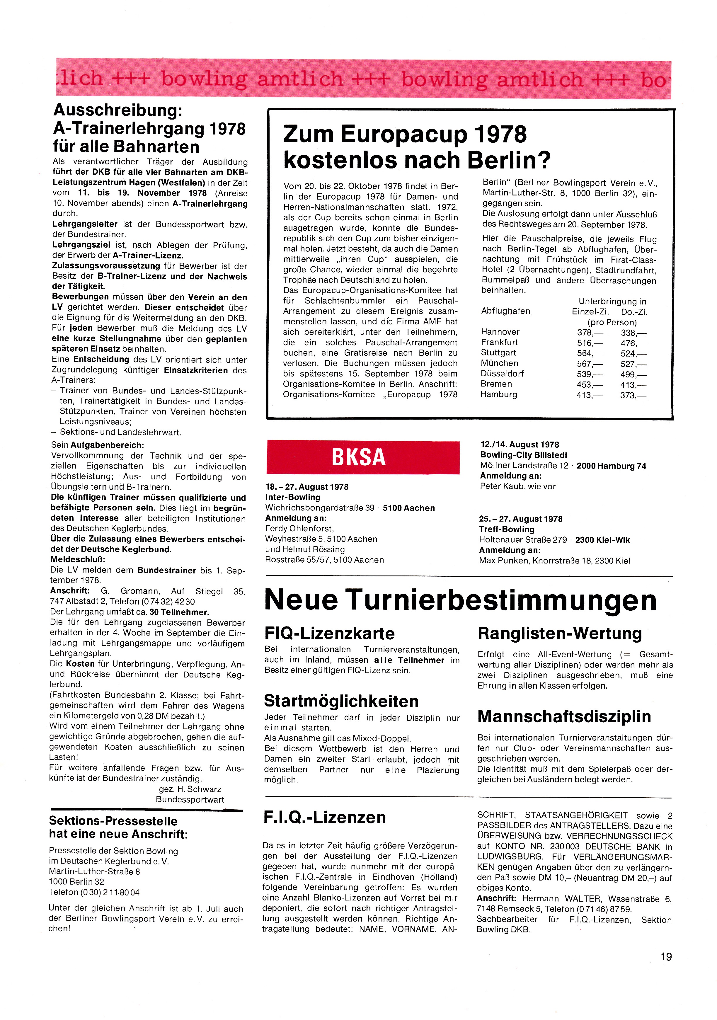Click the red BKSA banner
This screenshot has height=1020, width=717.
coord(363,457)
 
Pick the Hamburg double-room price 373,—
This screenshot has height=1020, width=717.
coord(633,395)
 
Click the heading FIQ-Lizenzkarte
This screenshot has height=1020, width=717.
coord(329,633)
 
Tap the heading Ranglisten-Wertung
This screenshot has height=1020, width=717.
coord(559,633)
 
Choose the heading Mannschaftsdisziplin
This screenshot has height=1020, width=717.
coord(564,716)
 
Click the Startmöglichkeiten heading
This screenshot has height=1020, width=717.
coord(341,701)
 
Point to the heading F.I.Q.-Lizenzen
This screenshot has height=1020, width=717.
coord(324,818)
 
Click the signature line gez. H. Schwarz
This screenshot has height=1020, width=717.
coord(190,789)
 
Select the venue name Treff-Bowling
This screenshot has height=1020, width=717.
coord(506,529)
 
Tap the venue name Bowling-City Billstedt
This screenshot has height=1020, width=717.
coord(523,455)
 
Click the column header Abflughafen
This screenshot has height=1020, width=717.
coord(505,311)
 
